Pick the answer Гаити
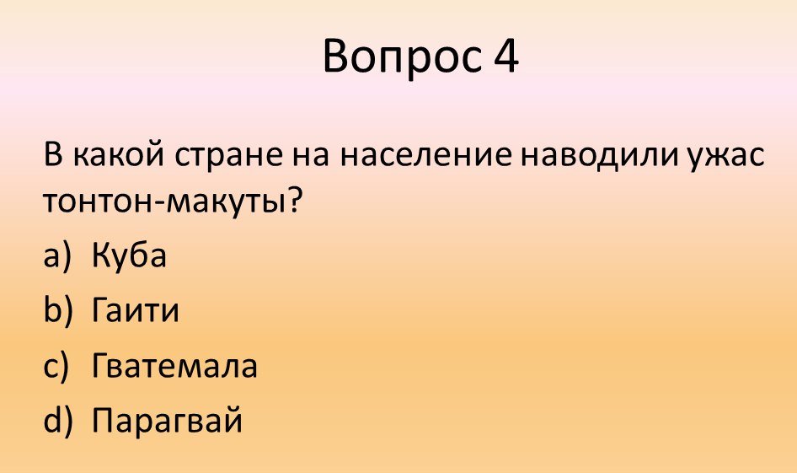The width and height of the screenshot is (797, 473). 135,311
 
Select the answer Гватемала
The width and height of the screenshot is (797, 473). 174,367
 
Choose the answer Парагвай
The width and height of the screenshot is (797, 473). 167,421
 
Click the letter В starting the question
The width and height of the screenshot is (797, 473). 52,156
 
